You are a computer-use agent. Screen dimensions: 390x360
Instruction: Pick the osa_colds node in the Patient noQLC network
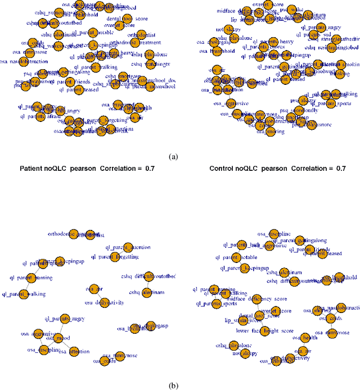click(x=105, y=360)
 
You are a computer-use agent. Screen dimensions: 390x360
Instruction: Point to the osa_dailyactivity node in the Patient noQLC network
click(x=104, y=302)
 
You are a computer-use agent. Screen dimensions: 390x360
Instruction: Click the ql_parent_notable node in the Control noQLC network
click(x=240, y=258)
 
